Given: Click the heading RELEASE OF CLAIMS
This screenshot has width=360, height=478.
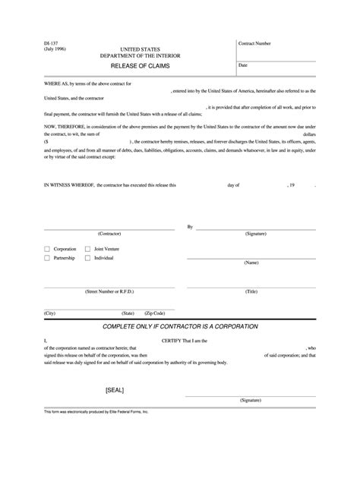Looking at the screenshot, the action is tap(140, 67).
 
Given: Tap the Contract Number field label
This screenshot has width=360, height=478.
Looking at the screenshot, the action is tap(255, 45).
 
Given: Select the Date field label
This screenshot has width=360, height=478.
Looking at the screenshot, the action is tap(244, 65).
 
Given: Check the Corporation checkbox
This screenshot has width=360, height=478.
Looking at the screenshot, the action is tap(47, 248).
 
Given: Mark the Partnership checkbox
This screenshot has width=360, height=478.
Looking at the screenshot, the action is tap(47, 258).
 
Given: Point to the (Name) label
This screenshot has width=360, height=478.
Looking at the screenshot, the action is tap(251, 263).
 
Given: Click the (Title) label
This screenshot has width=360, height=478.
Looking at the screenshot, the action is tap(251, 291).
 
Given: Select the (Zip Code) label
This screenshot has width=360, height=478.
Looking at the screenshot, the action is tap(154, 313).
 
